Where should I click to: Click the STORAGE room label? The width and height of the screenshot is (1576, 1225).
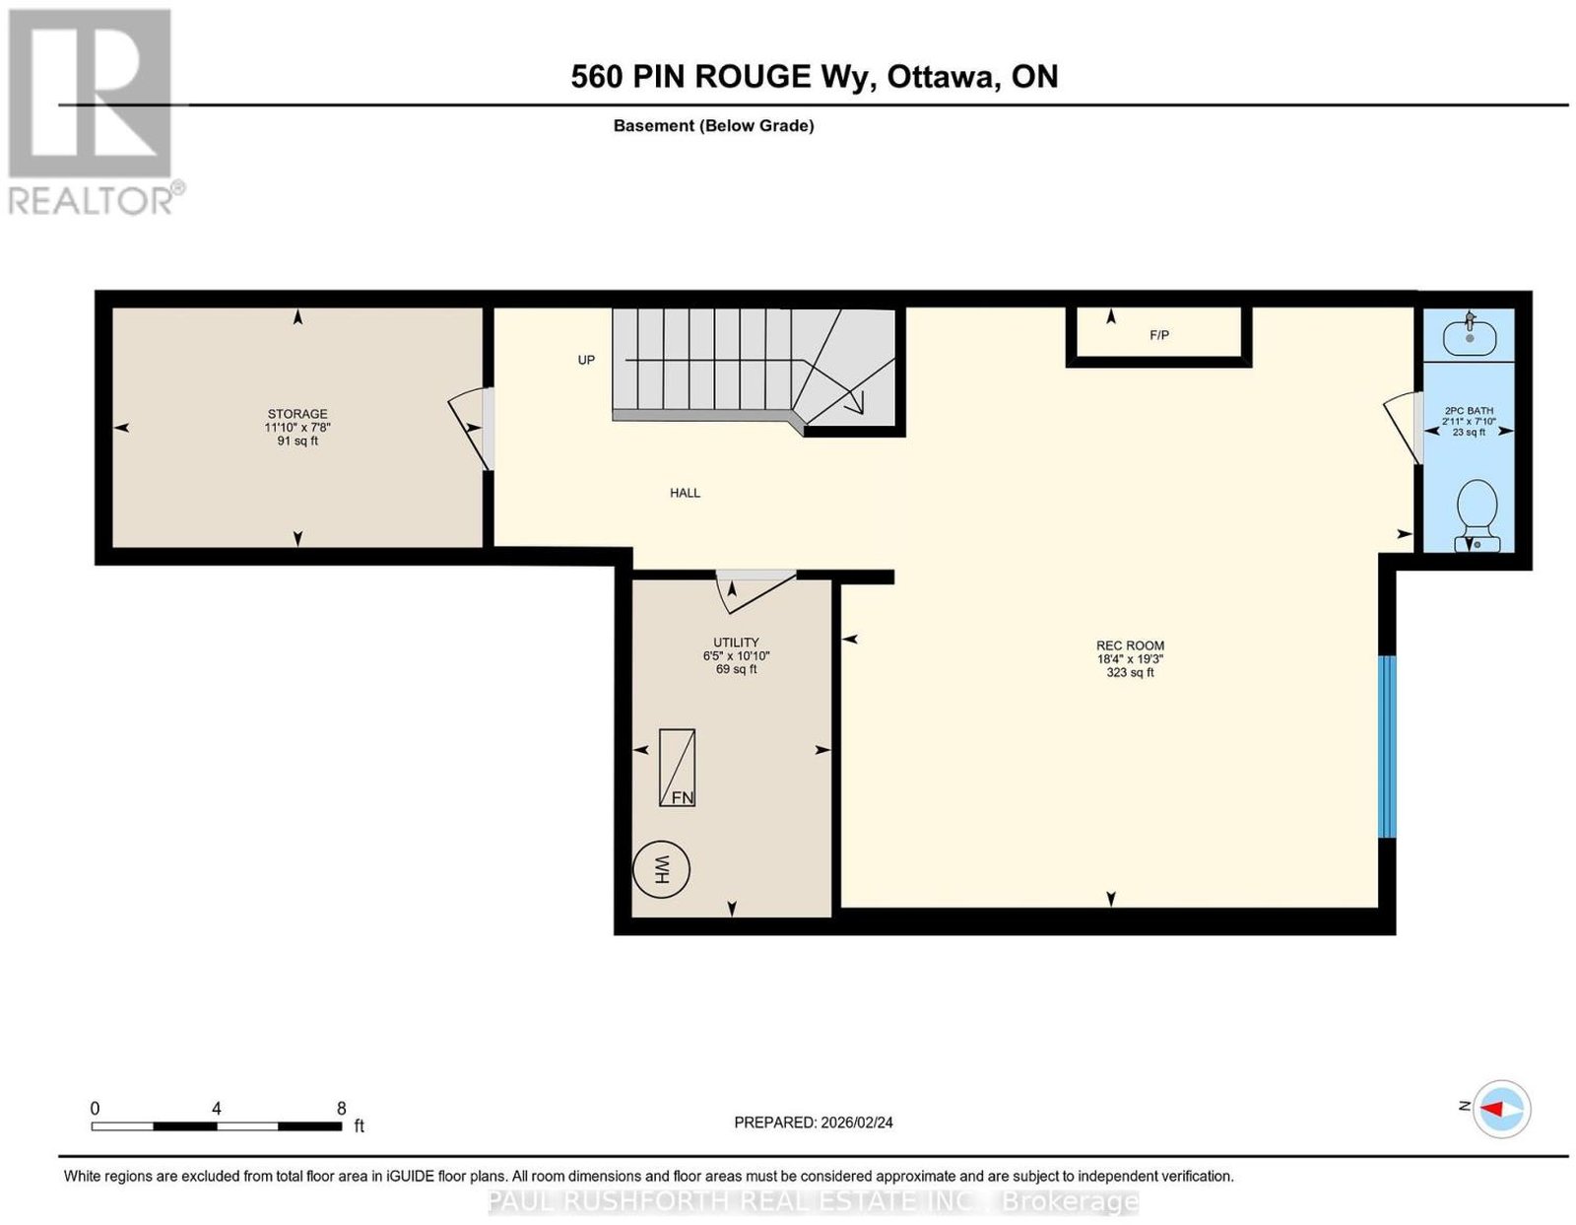click(x=297, y=413)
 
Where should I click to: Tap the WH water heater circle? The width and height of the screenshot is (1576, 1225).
click(x=661, y=868)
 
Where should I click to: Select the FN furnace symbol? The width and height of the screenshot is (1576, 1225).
click(x=677, y=768)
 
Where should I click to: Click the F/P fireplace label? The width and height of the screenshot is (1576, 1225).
click(x=1159, y=335)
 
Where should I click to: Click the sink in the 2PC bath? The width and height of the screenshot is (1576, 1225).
click(x=1470, y=335)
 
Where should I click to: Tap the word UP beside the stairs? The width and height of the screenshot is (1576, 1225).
click(x=586, y=360)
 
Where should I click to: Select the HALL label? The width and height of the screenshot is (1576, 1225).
click(x=685, y=493)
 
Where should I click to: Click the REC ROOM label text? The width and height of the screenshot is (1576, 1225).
click(x=1130, y=646)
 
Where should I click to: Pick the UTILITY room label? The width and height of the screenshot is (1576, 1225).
click(x=736, y=643)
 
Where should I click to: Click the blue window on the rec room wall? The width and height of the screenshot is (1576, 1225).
click(x=1387, y=746)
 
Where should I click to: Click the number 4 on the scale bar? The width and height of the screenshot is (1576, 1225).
click(x=216, y=1109)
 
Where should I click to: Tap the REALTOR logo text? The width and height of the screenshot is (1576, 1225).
click(x=91, y=201)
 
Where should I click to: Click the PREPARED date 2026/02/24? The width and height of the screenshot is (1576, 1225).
click(x=857, y=1123)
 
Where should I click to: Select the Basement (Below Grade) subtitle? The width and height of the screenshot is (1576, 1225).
click(x=714, y=125)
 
